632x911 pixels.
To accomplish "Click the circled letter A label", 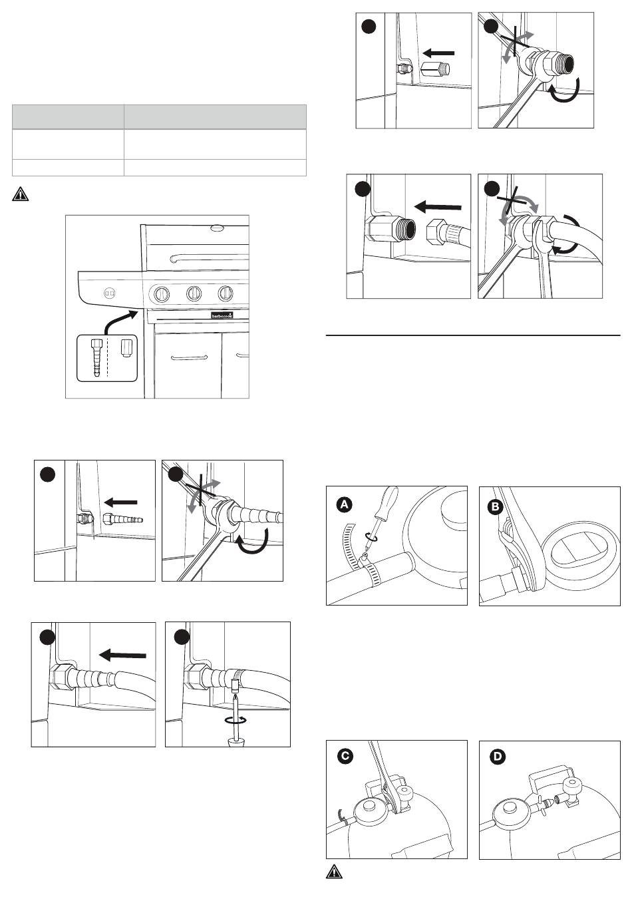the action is (x=344, y=504).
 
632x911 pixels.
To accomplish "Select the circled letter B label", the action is (x=496, y=507).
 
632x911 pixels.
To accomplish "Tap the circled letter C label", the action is (x=345, y=757).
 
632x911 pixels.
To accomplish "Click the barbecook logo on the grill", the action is (x=222, y=315).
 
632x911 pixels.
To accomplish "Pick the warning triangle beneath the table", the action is (x=21, y=194).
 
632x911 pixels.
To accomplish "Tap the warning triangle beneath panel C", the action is (x=334, y=872).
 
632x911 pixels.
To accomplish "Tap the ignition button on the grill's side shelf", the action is (x=110, y=292).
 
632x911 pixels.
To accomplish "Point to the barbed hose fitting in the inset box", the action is (x=96, y=357).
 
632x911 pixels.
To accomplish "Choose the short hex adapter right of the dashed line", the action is (x=125, y=348).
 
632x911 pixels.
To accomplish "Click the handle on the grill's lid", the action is (x=210, y=258).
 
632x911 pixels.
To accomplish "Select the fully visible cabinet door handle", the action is (x=189, y=357).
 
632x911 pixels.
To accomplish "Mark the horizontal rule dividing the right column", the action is (x=473, y=336).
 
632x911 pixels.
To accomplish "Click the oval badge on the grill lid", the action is (x=218, y=228).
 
